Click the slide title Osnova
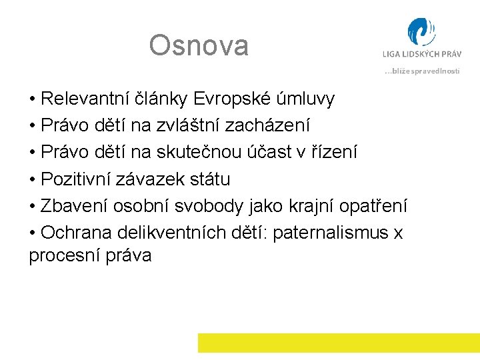[x=199, y=46]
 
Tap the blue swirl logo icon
[x=421, y=33]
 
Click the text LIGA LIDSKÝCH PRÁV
[x=421, y=55]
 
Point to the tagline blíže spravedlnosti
[x=422, y=71]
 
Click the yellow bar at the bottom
[x=339, y=343]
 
